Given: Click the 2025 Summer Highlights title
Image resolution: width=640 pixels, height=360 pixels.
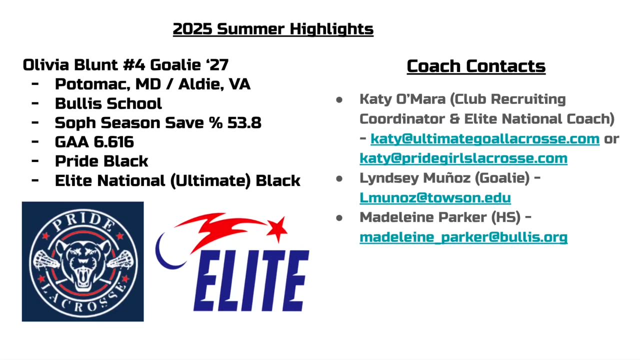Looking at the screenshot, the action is click(273, 29).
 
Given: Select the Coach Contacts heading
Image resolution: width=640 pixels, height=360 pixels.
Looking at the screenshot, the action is click(476, 66).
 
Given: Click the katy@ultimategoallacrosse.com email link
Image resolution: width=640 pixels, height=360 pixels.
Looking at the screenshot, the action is click(485, 139).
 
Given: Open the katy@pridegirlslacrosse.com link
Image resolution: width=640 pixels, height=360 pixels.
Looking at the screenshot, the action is click(463, 158).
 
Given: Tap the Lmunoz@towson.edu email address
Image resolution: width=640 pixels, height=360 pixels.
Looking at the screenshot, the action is click(435, 197).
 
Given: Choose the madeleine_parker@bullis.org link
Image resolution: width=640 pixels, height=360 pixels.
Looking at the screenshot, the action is click(463, 237).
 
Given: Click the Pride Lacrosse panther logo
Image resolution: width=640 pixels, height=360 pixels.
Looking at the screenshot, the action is click(83, 261).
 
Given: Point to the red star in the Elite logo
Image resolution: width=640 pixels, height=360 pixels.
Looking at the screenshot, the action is click(277, 229).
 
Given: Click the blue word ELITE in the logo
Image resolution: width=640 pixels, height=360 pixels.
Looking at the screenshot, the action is click(251, 280).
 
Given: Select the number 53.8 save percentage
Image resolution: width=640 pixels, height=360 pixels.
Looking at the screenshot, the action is click(244, 123).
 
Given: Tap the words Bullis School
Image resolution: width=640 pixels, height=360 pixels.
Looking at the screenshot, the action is click(108, 103).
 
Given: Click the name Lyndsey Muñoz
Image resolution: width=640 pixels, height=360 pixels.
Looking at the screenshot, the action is click(415, 178).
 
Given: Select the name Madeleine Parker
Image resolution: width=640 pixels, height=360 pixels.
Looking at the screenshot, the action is click(423, 217).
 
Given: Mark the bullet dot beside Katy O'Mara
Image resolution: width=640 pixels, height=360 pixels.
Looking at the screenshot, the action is click(339, 99).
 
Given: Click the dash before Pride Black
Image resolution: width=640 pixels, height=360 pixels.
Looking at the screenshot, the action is click(35, 161).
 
